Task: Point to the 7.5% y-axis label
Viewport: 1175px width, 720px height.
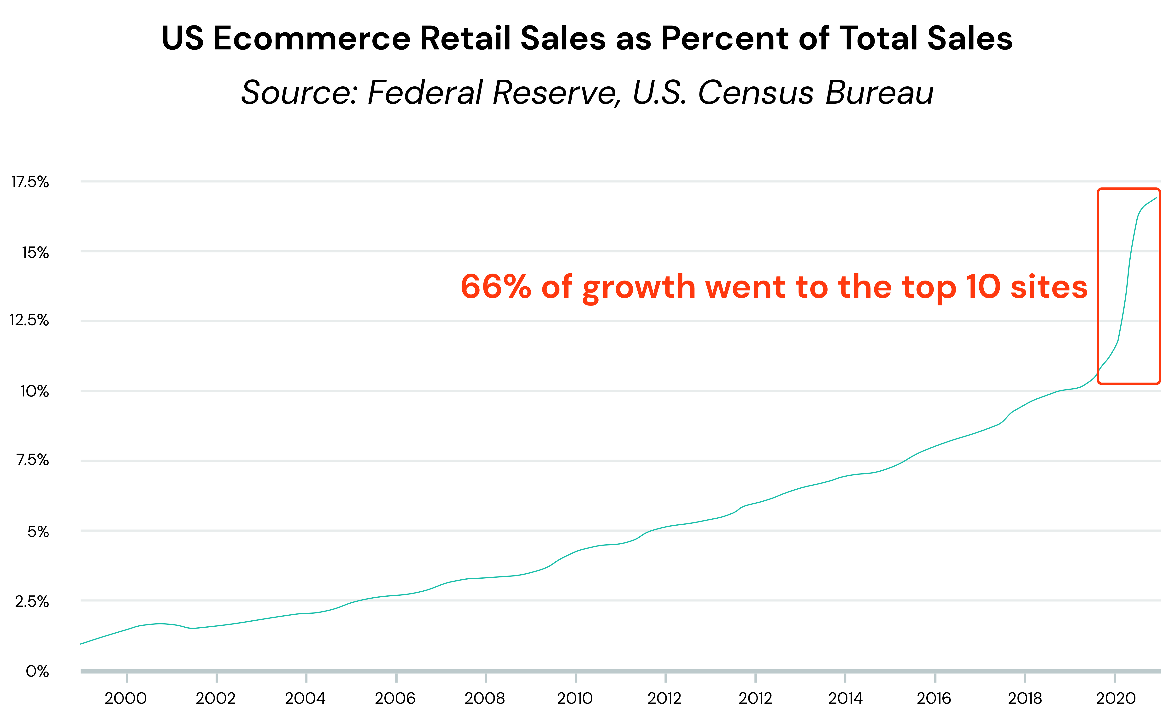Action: tap(32, 460)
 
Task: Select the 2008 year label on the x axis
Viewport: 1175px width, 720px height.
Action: tap(484, 699)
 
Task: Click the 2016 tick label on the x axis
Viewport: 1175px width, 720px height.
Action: tap(934, 699)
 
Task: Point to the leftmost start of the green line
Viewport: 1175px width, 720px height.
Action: tap(81, 644)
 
